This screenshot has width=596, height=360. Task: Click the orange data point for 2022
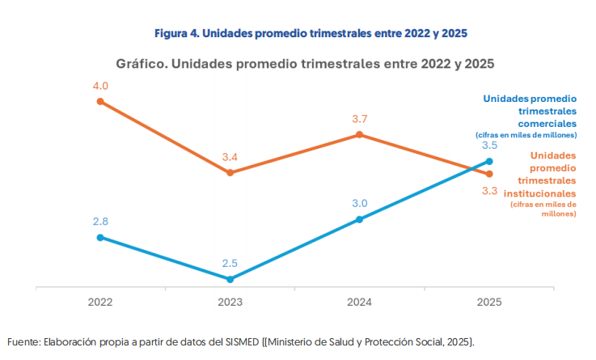coord(100,101)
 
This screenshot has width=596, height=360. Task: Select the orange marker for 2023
coord(230,172)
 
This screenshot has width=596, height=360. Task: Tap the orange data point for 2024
coord(360,135)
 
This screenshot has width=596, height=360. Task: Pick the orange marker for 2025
coord(489,174)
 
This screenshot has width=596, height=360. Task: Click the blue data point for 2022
coord(100,237)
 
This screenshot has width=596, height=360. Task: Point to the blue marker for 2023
coord(230,279)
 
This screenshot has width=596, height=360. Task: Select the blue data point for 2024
coord(360,219)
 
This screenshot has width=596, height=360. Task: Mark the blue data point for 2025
coord(489,161)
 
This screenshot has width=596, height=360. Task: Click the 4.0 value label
coord(100,85)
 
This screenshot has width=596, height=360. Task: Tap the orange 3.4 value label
coord(230,157)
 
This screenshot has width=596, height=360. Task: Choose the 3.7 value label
coord(360,119)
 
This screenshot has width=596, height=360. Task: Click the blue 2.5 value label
coord(230,263)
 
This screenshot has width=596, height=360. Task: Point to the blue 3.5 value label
coord(489,146)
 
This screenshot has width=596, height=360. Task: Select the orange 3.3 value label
coord(489,191)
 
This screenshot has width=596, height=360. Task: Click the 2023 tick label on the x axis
coord(230,302)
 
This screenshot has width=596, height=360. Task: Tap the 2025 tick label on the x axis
coord(489,302)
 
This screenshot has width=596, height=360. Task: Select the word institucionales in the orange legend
coord(540,194)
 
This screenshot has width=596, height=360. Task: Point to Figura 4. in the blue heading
coord(175,33)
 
